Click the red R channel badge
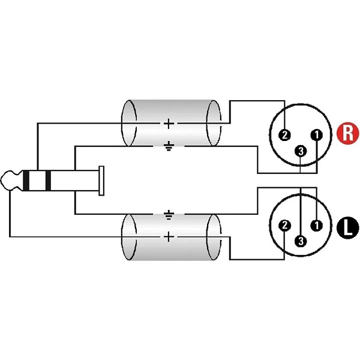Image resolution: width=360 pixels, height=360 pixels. [x=347, y=133]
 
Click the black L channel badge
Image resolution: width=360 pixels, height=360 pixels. [x=347, y=227]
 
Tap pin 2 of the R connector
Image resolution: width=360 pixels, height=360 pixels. [x=284, y=135]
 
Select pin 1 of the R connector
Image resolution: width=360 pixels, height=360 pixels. [x=317, y=135]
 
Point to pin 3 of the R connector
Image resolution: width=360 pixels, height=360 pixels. [x=301, y=151]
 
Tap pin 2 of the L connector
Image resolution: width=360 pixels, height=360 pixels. [x=284, y=225]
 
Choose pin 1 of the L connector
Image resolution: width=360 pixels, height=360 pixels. [x=317, y=225]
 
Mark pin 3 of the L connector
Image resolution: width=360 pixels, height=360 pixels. [x=301, y=241]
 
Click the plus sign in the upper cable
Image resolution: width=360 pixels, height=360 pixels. [x=169, y=124]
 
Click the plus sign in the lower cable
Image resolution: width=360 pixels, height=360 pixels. [x=169, y=237]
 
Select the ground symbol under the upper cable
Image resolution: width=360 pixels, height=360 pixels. [x=169, y=146]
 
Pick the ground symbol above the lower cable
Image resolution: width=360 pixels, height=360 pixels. [x=169, y=215]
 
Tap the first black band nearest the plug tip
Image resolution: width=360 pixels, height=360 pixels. [x=26, y=181]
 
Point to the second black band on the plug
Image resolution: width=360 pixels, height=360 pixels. [x=48, y=181]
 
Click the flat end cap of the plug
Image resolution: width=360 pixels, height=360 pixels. [x=101, y=181]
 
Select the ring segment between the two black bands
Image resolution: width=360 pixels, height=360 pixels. [x=37, y=181]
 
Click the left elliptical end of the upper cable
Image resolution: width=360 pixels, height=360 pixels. [x=129, y=123]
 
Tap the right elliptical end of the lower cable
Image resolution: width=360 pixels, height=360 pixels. [x=214, y=237]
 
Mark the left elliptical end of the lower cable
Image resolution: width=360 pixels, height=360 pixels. [x=129, y=237]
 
